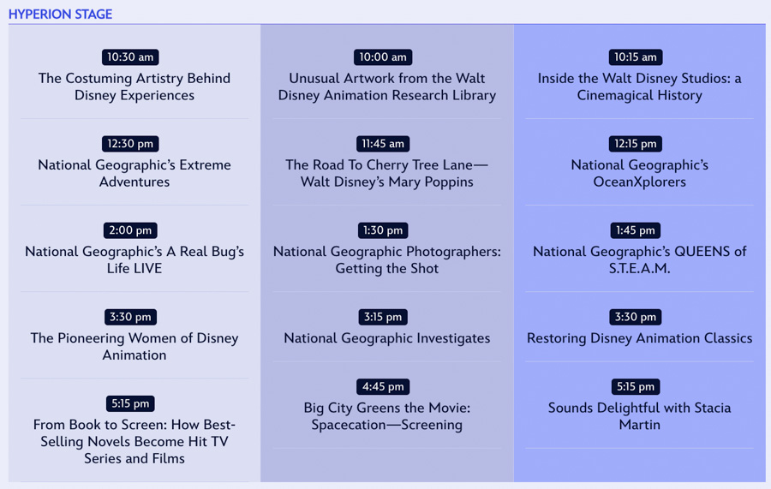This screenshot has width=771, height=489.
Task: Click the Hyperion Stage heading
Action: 61,15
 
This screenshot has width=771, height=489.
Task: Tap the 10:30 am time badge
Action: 130,57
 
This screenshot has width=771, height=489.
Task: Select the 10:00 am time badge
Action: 383,57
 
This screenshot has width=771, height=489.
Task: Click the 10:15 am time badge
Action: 636,57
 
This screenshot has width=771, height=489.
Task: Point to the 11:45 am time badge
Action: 383,144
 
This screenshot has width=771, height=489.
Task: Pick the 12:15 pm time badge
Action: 636,144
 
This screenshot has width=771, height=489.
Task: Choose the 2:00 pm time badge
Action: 130,230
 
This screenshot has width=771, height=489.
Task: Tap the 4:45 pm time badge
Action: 383,387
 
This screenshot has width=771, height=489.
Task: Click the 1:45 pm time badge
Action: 636,230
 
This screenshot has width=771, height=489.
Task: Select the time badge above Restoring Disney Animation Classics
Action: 636,317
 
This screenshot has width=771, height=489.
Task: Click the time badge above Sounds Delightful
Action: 636,387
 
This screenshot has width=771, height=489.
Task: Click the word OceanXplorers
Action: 639,182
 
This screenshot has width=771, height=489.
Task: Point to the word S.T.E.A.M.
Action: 639,268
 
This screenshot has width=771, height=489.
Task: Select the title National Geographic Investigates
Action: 387,338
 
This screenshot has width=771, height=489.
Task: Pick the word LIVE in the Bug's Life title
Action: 148,268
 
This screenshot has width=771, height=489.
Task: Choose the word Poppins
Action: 449,182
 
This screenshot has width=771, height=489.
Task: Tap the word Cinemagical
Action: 616,95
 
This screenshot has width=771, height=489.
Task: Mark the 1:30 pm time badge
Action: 383,230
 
